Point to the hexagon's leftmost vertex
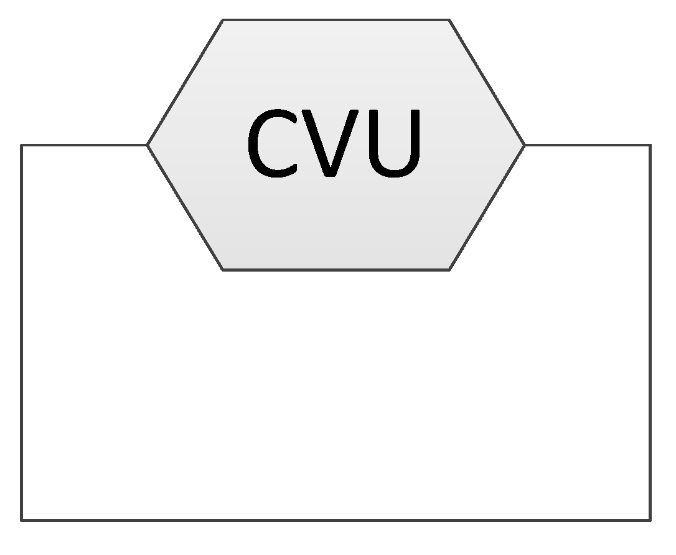click(x=148, y=145)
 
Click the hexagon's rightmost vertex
click(x=525, y=145)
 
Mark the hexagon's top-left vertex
click(x=223, y=20)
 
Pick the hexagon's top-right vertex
click(x=449, y=20)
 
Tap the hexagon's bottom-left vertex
click(x=223, y=270)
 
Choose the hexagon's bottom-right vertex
click(x=449, y=270)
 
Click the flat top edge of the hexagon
click(x=336, y=20)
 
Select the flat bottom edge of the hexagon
click(x=336, y=270)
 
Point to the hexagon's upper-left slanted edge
click(x=185, y=83)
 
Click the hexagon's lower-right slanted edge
click(x=487, y=207)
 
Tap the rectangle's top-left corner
click(x=22, y=145)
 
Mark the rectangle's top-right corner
click(x=650, y=145)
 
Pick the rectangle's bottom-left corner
click(x=22, y=519)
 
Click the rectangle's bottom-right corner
click(x=650, y=519)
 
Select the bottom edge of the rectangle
click(x=336, y=519)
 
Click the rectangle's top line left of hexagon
click(x=84, y=145)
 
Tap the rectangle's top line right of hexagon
click(x=588, y=145)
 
